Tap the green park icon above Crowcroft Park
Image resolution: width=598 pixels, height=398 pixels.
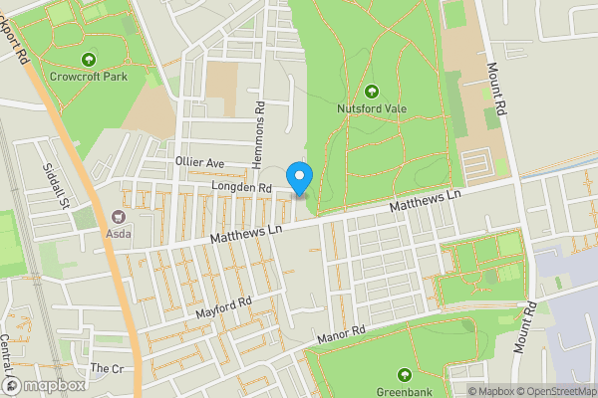[x=89, y=59]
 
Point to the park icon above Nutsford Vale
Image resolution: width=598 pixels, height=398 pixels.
[x=372, y=90]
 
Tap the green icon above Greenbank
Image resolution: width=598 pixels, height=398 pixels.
[x=405, y=374]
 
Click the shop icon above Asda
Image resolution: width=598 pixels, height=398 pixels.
[x=121, y=217]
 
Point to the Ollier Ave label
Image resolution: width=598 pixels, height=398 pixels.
[x=201, y=162]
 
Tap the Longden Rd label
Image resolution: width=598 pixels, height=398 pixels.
[x=241, y=186]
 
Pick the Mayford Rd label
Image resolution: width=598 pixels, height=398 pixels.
[x=223, y=304]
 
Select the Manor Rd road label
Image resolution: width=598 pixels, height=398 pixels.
[x=342, y=334]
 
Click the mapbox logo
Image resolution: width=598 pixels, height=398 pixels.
[x=45, y=385]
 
